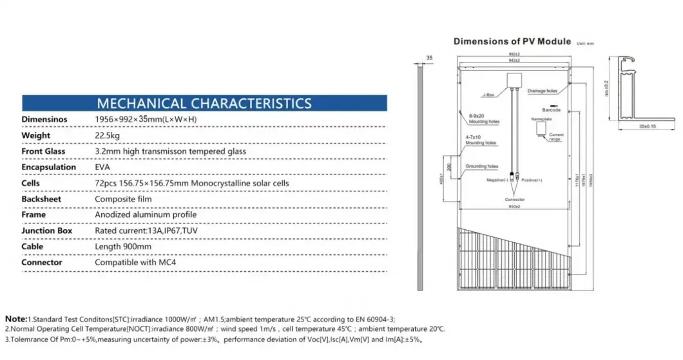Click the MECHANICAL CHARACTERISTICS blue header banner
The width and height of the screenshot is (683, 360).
204,103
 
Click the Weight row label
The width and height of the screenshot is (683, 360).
36,136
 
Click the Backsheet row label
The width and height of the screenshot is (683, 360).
41,199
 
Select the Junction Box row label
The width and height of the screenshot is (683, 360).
47,231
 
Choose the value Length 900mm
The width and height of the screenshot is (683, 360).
123,246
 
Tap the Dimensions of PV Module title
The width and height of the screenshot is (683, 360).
512,41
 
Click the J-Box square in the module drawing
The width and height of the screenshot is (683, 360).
514,79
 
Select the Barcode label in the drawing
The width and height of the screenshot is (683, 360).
551,111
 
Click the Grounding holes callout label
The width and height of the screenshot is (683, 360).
482,166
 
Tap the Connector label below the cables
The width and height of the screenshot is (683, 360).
514,200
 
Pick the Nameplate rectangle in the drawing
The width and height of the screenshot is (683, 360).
540,129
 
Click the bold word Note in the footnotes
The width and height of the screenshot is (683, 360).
15,319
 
